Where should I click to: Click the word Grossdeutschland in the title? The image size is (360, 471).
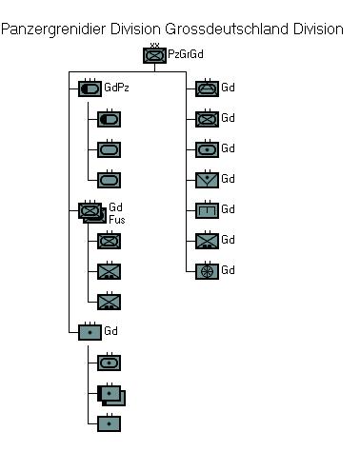click(x=227, y=29)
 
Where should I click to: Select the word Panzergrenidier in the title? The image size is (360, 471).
click(x=53, y=29)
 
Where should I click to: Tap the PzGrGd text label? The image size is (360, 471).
click(x=186, y=54)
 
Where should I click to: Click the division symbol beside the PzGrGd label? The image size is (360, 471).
click(x=154, y=55)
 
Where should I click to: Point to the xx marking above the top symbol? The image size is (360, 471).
click(x=154, y=45)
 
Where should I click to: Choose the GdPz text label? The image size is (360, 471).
click(x=116, y=88)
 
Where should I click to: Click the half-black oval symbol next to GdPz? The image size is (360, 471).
click(x=90, y=88)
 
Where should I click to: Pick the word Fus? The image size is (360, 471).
click(x=117, y=220)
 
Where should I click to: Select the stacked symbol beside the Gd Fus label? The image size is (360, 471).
click(x=92, y=212)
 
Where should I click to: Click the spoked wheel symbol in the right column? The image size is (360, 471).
click(x=207, y=271)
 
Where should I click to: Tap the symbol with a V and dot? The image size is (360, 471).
click(x=207, y=180)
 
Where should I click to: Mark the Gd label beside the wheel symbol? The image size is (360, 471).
click(x=228, y=270)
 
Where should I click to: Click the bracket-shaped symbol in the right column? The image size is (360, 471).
click(x=207, y=210)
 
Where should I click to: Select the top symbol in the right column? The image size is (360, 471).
click(x=207, y=88)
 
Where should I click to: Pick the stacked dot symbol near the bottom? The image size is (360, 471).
click(x=111, y=395)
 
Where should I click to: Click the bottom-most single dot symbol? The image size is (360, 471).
click(x=109, y=423)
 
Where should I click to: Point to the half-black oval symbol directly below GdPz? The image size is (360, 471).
click(x=109, y=119)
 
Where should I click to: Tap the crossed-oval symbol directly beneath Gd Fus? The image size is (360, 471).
click(x=109, y=241)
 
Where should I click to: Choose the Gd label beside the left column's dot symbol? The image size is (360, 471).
click(x=110, y=331)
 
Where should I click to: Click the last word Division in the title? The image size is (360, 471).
click(x=318, y=29)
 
